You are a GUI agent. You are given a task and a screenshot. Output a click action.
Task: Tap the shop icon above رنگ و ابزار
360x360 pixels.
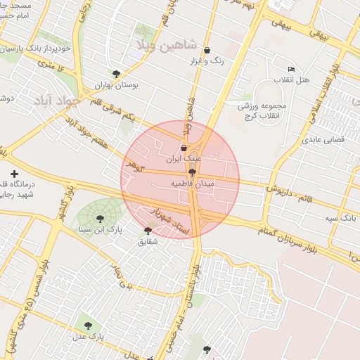tap(207, 51)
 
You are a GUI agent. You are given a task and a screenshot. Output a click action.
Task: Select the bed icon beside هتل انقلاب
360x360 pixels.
tap(291, 68)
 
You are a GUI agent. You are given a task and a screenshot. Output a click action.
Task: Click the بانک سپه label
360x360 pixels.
tap(340, 219)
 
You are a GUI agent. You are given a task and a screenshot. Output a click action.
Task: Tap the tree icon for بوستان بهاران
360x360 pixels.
tap(116, 73)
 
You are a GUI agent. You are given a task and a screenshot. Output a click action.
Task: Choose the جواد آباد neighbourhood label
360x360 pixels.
tap(51, 100)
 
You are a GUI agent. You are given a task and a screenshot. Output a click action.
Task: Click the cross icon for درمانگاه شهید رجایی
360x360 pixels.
tap(13, 173)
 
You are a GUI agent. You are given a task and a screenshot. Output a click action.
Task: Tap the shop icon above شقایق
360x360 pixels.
tap(148, 231)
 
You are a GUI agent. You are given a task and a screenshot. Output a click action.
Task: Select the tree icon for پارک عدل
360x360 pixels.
tap(88, 326)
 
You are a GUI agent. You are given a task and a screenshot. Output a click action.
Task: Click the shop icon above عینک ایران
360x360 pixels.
tap(184, 148)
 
